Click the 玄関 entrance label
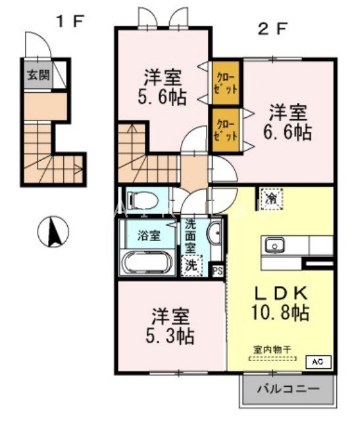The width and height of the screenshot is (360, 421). (38, 74)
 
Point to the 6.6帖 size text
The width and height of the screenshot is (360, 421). (288, 131)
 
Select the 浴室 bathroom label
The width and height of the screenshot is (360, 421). (147, 233)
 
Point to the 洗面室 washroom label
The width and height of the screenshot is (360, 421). (190, 234)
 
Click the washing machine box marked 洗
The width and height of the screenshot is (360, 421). (190, 266)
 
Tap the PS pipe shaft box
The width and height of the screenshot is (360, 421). (217, 269)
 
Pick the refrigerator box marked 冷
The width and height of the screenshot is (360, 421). (270, 198)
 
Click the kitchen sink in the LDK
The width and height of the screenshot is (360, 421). (274, 245)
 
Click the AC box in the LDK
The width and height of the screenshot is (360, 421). (317, 362)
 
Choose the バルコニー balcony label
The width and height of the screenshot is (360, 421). (287, 389)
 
